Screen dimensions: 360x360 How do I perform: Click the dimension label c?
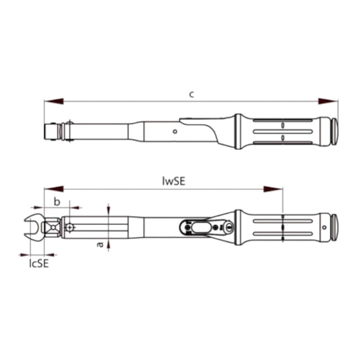coord(192,94)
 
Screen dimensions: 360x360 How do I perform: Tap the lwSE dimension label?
coord(173,181)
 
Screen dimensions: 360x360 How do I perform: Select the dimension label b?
coord(57,202)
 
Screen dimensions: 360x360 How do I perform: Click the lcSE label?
coord(39,264)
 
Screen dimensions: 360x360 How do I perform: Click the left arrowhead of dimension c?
coord(54,101)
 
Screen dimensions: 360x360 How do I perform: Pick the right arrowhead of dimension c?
coord(328,101)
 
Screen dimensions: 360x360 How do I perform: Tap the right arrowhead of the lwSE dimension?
coord(273,189)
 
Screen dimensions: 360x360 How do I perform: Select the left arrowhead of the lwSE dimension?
coord(54,189)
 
